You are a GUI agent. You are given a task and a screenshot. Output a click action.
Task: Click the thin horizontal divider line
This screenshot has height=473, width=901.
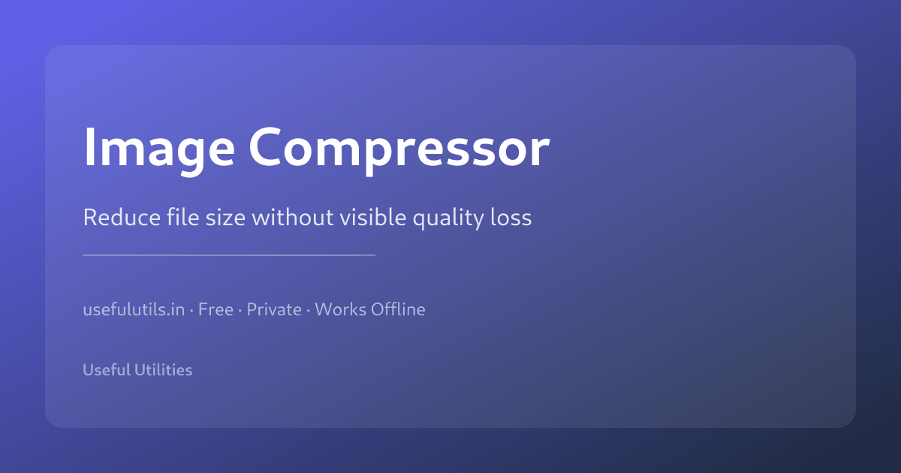click(x=229, y=255)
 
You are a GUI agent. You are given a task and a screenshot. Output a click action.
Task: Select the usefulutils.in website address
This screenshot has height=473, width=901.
click(x=134, y=309)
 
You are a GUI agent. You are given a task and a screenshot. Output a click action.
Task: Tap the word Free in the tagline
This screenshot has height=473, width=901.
click(x=215, y=309)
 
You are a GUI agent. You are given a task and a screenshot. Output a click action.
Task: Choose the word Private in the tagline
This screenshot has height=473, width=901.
click(x=274, y=309)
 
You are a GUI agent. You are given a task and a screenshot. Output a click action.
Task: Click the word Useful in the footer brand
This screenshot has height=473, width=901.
click(x=105, y=370)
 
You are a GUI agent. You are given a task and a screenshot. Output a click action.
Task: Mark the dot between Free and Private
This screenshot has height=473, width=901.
click(x=240, y=310)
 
